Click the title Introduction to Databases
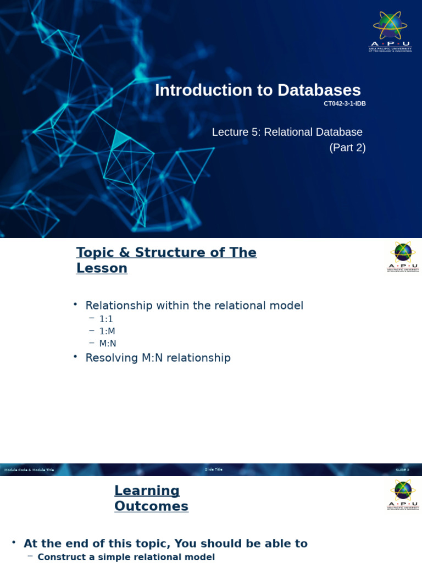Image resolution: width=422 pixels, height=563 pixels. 258,90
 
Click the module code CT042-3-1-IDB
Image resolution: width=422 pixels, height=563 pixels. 345,104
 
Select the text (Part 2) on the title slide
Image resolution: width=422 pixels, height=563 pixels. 347,147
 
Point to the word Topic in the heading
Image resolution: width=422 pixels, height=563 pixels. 96,252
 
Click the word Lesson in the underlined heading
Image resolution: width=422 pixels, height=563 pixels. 102,268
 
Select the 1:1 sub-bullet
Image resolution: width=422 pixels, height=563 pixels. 106,319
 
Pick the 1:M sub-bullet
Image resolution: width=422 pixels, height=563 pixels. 107,331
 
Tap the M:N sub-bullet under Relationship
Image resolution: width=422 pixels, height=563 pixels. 108,343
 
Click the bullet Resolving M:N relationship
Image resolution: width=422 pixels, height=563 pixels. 158,358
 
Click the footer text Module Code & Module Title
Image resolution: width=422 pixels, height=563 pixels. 29,470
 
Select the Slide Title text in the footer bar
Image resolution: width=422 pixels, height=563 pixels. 214,470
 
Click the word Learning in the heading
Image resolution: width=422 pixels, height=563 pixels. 147,490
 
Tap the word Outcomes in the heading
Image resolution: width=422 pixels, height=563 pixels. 151,506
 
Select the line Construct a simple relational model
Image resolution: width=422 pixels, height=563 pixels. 126,557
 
